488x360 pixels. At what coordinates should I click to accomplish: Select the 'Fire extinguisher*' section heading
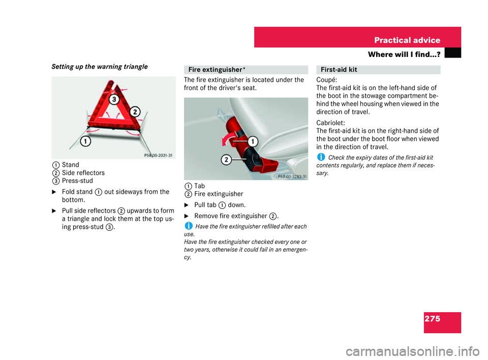(209, 70)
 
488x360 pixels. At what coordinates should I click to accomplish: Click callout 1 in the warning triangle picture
(86, 140)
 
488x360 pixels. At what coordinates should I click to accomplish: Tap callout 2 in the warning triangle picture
(134, 111)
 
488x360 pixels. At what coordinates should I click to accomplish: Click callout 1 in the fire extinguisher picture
(253, 141)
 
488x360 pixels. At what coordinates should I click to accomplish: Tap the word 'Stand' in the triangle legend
(69, 165)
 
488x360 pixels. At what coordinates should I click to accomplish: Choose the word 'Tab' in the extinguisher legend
(199, 186)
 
